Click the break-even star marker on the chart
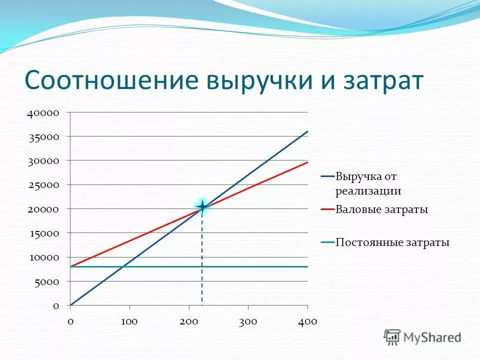(x=202, y=206)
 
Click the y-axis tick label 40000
(x=43, y=113)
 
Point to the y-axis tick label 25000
(x=43, y=185)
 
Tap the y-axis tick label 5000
(x=46, y=281)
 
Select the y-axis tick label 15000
(x=43, y=233)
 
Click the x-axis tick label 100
(x=129, y=321)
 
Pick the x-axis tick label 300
(x=248, y=321)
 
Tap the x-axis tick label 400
(x=307, y=321)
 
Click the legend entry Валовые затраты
(x=381, y=210)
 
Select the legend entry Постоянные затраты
(x=392, y=242)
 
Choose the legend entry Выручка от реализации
(x=368, y=183)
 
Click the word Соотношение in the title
(x=110, y=80)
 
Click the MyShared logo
(x=423, y=337)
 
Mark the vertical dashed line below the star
(x=202, y=260)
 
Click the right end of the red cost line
(x=307, y=162)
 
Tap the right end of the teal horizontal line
(x=307, y=266)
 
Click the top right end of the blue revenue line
(x=307, y=131)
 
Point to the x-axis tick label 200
(x=189, y=321)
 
